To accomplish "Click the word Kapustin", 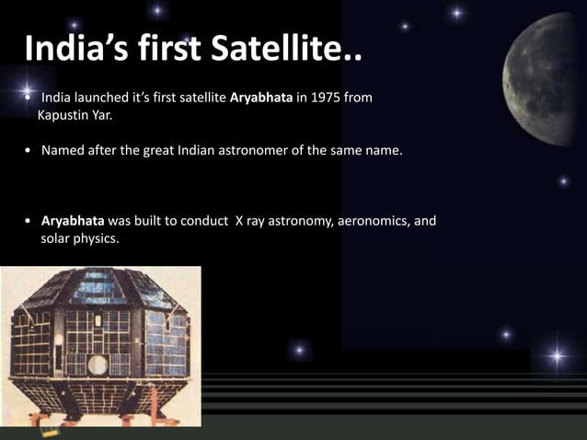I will pos(66,116).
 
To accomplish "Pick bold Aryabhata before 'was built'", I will pos(73,221).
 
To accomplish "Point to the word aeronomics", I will pos(367,221).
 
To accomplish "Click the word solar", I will pos(56,238).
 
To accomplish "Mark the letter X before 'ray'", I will pos(239,221).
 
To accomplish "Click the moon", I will pos(548,78).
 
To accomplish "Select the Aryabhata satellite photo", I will pos(100,346).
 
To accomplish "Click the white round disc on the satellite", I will pos(98,365).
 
